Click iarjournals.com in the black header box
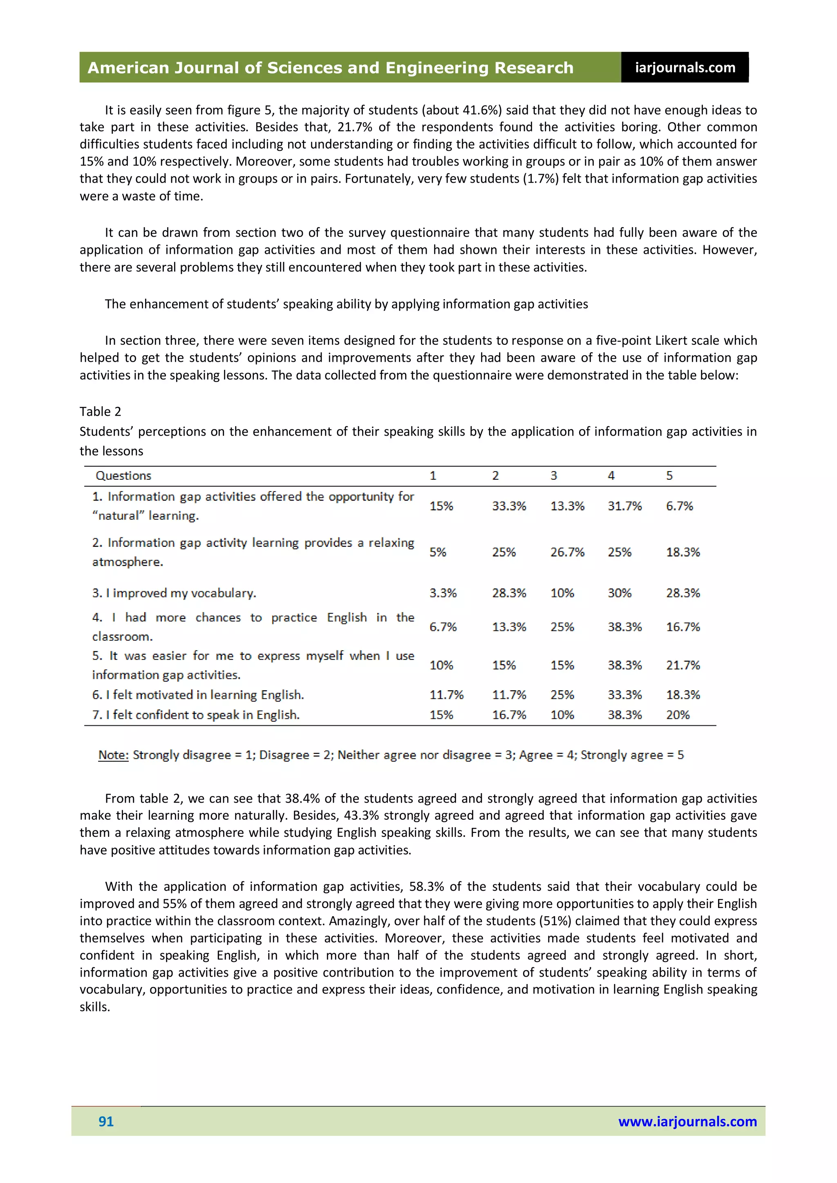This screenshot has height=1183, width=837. (x=685, y=67)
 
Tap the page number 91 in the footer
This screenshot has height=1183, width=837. (x=106, y=1121)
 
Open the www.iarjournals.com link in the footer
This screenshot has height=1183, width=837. (x=687, y=1121)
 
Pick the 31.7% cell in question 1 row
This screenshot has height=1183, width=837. (x=624, y=506)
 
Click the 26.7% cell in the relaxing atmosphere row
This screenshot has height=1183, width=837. (x=567, y=552)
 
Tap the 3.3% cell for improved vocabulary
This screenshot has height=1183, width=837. (x=443, y=593)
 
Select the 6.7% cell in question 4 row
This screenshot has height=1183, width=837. (x=443, y=627)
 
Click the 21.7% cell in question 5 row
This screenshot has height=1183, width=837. (x=683, y=665)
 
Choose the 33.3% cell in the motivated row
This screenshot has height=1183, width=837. (x=624, y=695)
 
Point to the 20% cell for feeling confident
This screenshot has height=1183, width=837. (x=677, y=715)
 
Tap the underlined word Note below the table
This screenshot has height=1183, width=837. (x=113, y=755)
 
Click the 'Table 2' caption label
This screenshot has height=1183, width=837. (x=100, y=411)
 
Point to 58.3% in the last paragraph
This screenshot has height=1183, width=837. (x=426, y=886)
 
